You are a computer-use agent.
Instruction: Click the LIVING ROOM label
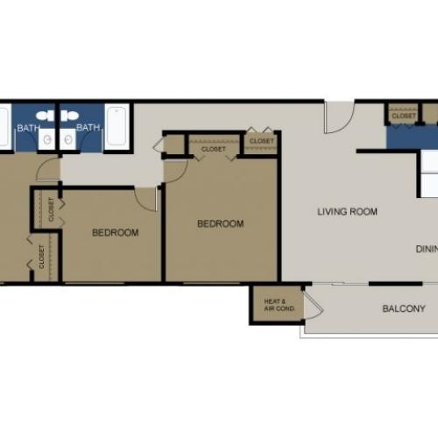[347, 211]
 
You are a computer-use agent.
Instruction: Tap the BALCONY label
[404, 308]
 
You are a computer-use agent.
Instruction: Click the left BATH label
[29, 128]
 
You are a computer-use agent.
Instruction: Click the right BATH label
[88, 128]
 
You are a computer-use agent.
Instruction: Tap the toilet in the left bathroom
[46, 116]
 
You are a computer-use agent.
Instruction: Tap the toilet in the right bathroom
[71, 116]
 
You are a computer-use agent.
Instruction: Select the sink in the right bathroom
[69, 138]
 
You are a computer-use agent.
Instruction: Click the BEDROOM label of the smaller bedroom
[116, 232]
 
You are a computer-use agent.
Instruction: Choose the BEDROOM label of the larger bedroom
[220, 223]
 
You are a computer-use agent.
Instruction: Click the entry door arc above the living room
[338, 117]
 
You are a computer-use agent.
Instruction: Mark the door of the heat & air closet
[313, 306]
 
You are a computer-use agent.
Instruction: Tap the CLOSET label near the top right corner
[404, 116]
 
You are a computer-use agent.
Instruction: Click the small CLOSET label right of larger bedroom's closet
[261, 140]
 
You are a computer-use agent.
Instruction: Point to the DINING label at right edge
[426, 249]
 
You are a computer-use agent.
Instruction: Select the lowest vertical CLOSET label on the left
[41, 256]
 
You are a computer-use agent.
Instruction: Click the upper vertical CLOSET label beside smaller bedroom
[51, 209]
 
